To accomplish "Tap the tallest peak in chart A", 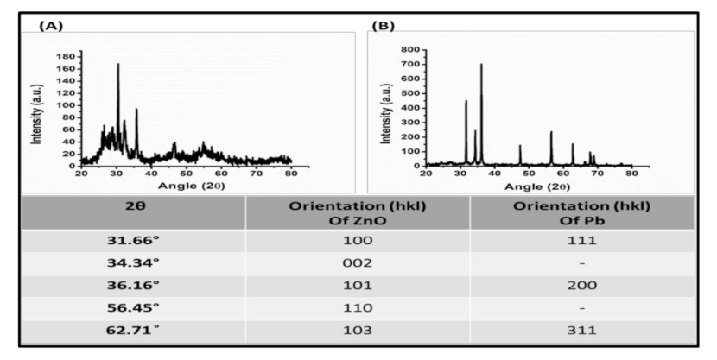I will coord(117,65).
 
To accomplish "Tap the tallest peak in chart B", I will coord(481,65).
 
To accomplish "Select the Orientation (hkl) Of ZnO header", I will coord(358,212).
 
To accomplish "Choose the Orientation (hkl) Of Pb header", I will coord(581,212).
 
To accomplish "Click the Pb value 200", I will coord(581,285).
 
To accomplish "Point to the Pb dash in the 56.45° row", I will coord(581,307).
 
